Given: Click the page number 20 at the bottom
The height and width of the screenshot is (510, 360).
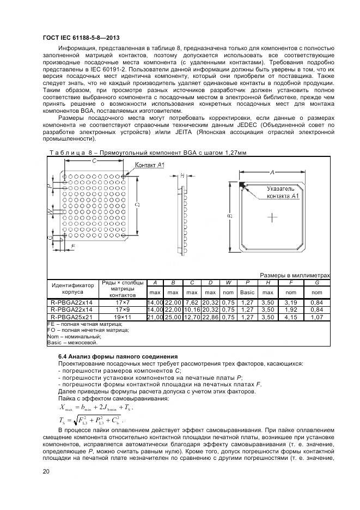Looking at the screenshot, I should point(46,472).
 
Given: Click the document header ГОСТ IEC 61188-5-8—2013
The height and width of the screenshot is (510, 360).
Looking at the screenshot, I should point(81,37).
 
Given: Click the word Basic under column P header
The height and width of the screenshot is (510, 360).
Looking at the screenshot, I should point(247,293).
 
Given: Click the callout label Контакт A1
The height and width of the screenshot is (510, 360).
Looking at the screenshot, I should point(149,165).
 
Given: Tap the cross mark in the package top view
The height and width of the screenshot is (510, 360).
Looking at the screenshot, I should point(272,217).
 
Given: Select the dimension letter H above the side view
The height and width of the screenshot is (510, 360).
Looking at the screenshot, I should point(182,175).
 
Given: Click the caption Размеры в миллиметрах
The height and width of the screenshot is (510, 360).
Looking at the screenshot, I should point(295,275).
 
